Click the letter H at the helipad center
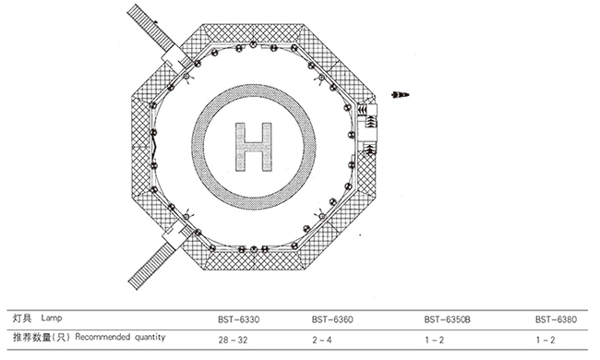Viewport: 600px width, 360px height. point(254,147)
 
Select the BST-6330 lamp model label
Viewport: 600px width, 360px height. point(239,319)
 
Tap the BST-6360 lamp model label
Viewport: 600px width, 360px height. point(332,319)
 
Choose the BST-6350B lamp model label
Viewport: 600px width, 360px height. point(447,319)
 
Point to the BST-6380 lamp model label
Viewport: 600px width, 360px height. point(556,319)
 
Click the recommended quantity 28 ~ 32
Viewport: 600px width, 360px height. point(233,340)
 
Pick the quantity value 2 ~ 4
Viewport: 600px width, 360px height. point(322,340)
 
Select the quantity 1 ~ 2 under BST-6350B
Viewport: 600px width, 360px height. point(435,340)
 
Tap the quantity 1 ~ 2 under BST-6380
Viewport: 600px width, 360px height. point(546,340)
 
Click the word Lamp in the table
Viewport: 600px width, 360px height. point(52,318)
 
